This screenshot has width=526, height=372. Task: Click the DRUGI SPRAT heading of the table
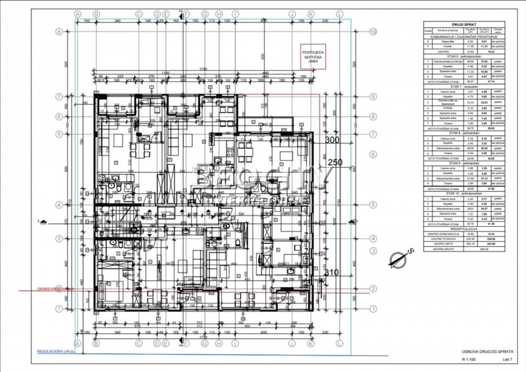461,24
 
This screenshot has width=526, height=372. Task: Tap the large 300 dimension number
332,140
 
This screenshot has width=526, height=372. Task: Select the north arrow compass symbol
398,259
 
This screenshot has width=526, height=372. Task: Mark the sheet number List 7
507,359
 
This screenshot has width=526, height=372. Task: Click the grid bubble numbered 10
373,32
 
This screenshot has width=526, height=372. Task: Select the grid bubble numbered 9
373,96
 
